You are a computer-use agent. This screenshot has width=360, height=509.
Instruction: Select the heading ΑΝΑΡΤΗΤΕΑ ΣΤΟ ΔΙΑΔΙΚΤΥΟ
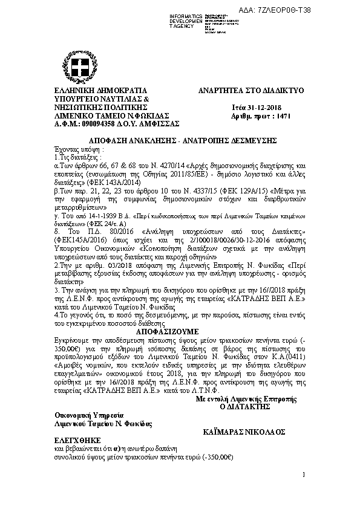coord(251,90)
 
